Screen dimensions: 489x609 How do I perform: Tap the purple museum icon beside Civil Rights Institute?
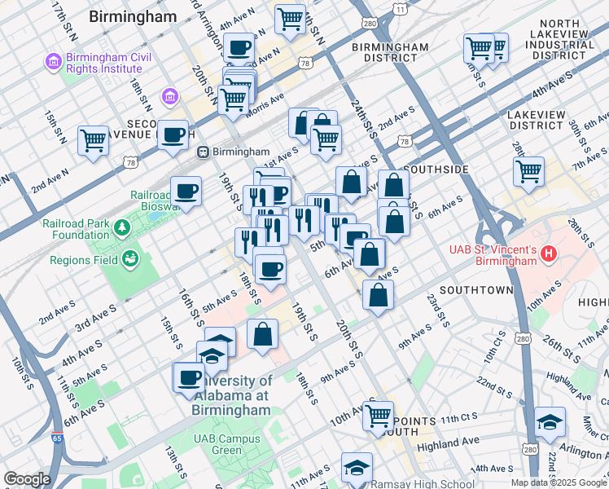pos(53,62)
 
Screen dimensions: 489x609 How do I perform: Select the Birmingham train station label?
pos(240,152)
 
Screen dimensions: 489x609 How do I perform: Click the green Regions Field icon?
pos(129,260)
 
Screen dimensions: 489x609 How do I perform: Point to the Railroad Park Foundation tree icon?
pos(122,226)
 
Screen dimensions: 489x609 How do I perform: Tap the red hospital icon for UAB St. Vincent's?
pos(550,254)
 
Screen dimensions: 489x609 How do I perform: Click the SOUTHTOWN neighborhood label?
pos(476,290)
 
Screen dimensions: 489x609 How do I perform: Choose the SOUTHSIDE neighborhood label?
pos(436,169)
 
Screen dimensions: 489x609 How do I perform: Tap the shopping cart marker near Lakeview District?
pos(528,172)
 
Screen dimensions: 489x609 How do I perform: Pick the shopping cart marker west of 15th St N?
pos(94,140)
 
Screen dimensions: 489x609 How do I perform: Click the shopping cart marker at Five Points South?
pos(379,416)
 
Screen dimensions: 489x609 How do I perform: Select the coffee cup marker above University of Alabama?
pos(189,377)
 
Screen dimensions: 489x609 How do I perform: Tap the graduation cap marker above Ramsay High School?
pos(357,468)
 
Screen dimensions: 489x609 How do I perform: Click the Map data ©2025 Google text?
pos(558,482)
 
